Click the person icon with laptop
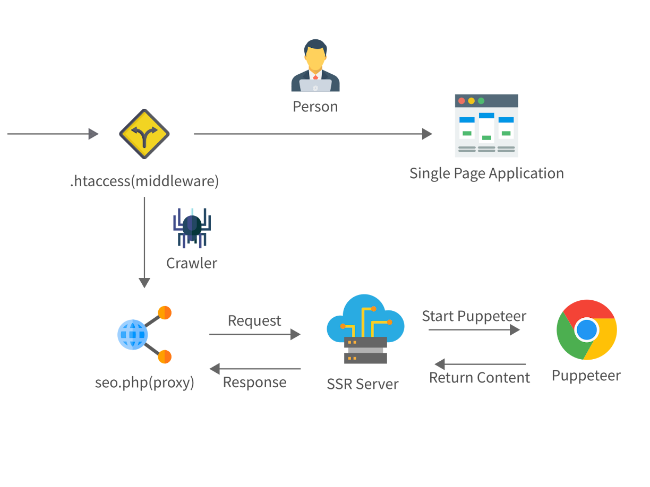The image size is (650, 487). tap(315, 66)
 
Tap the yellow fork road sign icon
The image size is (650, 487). tap(144, 134)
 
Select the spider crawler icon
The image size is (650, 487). tap(192, 228)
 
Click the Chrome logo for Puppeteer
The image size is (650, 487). tap(586, 329)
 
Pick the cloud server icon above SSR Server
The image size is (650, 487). tap(365, 329)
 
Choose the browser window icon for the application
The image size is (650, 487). tap(486, 126)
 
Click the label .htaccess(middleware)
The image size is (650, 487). tap(144, 181)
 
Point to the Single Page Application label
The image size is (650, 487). tap(486, 173)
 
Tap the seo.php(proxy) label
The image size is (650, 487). tap(144, 382)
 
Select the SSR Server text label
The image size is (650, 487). tap(363, 384)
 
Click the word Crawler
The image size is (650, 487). tap(192, 263)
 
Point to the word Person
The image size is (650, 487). tap(315, 107)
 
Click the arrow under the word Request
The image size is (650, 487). tap(255, 334)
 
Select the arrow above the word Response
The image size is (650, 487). tap(255, 368)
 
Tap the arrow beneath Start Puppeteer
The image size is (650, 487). tap(474, 330)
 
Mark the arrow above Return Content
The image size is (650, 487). tap(480, 364)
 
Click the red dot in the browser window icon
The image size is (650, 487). tap(461, 101)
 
